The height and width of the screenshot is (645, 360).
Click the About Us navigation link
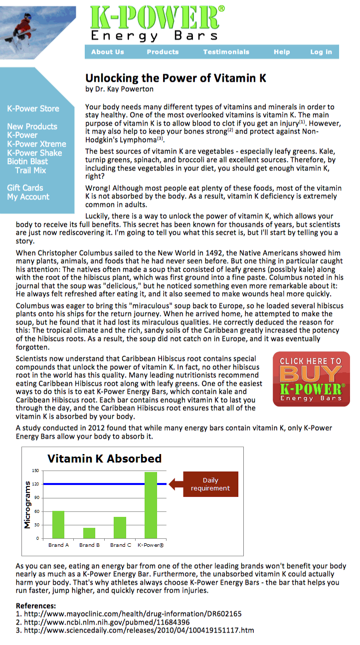point(107,52)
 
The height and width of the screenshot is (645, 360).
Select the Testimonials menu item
point(226,52)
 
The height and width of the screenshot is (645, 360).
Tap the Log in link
point(321,52)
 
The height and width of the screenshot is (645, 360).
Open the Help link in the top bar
point(281,52)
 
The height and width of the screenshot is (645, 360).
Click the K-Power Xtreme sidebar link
point(36,144)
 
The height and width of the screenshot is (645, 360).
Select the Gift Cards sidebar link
point(25,188)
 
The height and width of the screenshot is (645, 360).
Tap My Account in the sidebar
point(28,197)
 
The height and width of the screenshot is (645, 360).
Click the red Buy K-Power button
point(311,379)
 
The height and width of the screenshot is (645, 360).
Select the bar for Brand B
point(89,533)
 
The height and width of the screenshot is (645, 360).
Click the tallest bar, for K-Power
point(151,505)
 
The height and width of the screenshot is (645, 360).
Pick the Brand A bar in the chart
point(59,524)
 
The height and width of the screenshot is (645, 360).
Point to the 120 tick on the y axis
point(35,484)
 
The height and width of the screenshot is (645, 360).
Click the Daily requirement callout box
point(210,484)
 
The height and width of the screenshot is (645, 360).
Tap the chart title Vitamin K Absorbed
point(104,459)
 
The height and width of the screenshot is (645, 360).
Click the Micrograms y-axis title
point(28,504)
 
